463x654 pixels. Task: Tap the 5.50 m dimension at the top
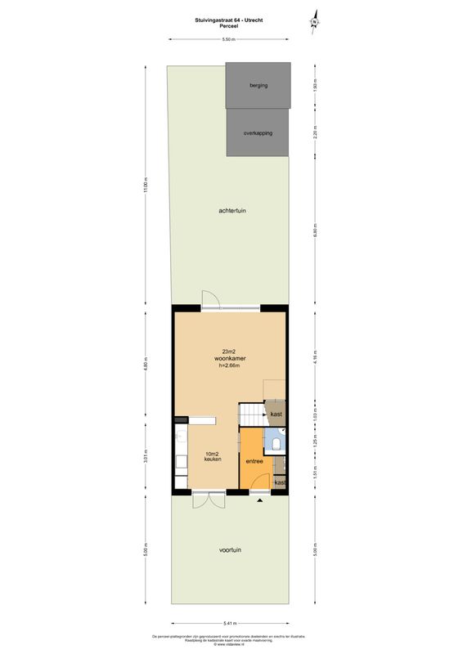[x=229, y=38]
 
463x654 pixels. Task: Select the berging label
[x=258, y=85]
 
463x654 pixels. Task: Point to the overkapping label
[x=258, y=132]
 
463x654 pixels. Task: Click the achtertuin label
[x=232, y=210]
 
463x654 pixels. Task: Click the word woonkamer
[x=231, y=358]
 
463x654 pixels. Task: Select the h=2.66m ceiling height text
[x=231, y=366]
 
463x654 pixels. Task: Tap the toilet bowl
[x=278, y=444]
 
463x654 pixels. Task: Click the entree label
[x=254, y=462]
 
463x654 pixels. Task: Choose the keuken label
[x=213, y=459]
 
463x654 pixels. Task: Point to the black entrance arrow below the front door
[x=260, y=499]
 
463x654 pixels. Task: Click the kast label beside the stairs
[x=276, y=414]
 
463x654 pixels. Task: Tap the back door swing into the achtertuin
[x=209, y=298]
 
